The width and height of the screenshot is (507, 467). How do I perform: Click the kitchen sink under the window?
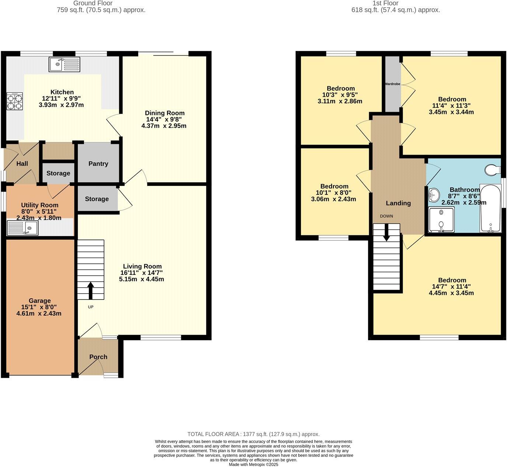(x=64, y=65)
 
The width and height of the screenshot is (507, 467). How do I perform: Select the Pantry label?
(x=98, y=164)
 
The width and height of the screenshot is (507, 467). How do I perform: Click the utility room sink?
(x=22, y=228)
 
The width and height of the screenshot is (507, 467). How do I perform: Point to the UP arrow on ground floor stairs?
(x=90, y=290)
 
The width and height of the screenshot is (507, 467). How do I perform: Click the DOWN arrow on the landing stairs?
(x=386, y=233)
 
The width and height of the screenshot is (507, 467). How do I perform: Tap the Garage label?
(x=40, y=301)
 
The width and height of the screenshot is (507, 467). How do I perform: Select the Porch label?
(x=98, y=357)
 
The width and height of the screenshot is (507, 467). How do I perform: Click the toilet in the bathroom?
(x=493, y=170)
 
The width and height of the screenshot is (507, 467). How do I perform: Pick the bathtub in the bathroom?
(x=490, y=208)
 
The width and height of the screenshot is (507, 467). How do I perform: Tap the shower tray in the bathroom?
(x=441, y=219)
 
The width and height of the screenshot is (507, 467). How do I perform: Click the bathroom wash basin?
(x=434, y=194)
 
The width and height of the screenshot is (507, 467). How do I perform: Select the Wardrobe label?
(x=392, y=84)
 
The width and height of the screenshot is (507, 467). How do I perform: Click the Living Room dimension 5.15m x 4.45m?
(x=141, y=279)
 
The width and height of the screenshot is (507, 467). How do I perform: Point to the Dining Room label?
(x=164, y=113)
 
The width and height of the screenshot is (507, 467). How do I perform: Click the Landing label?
(x=398, y=203)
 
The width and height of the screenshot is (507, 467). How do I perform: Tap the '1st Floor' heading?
(x=385, y=3)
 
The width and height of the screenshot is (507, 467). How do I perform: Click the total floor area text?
(x=253, y=434)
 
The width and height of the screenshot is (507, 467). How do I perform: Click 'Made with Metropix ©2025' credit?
(x=253, y=464)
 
